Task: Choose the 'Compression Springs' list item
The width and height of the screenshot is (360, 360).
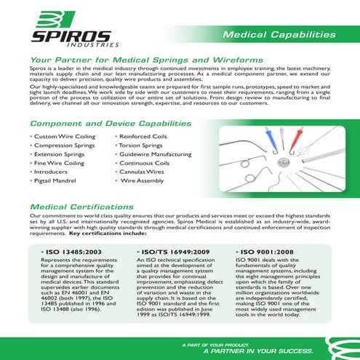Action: (x=65, y=145)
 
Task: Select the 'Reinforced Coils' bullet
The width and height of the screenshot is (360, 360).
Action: (x=145, y=136)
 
